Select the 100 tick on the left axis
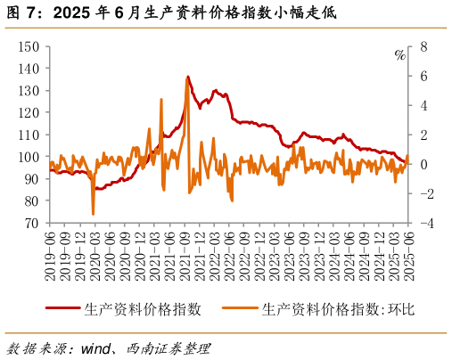pos(31,157)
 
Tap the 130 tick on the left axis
pos(31,90)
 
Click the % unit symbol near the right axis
pos(399,55)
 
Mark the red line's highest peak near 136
pos(188,78)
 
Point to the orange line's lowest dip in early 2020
pos(94,214)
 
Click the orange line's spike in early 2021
pos(161,100)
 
